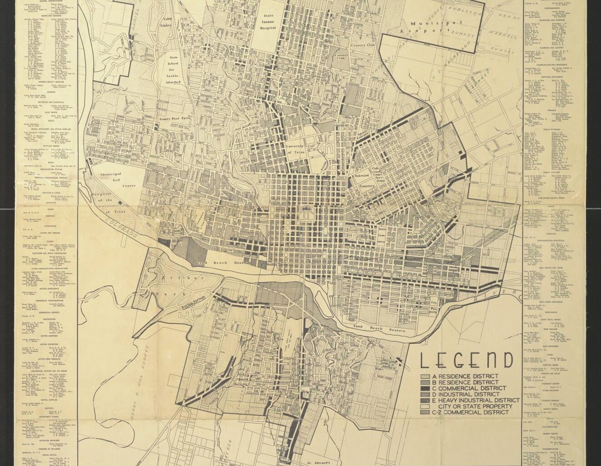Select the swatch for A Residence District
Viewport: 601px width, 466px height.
(x=425, y=376)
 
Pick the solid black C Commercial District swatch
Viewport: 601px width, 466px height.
(x=425, y=388)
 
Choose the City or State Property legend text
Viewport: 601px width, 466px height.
(x=472, y=406)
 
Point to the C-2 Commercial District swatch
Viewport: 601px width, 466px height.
(x=425, y=412)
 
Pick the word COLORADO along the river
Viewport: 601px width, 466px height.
(x=121, y=226)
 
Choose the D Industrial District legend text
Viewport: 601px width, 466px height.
(x=468, y=394)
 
